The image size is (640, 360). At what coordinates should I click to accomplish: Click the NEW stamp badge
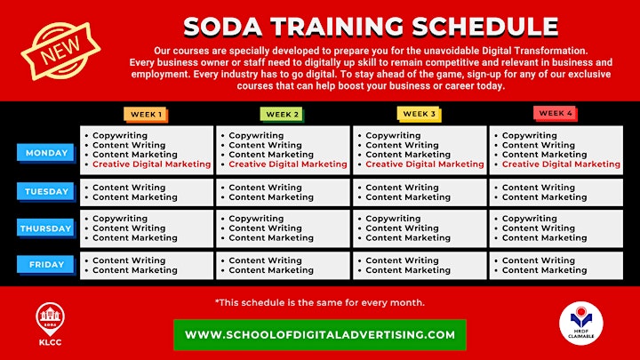click(60, 51)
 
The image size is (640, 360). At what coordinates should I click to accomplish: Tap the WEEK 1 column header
click(146, 115)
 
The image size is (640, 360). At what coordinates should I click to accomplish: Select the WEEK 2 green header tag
click(283, 115)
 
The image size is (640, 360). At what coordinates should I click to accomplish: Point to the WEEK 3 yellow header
click(420, 115)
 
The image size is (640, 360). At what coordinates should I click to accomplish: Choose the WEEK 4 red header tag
click(556, 114)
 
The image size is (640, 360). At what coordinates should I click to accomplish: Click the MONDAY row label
click(46, 153)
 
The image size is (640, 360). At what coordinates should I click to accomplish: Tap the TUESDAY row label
click(46, 192)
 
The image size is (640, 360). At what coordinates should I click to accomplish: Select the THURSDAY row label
click(46, 228)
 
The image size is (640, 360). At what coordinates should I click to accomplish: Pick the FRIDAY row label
click(46, 265)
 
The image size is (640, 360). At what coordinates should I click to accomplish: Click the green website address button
click(320, 335)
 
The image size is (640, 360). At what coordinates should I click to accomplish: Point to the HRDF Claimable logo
click(581, 323)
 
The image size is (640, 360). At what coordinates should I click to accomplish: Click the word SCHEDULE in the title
click(485, 27)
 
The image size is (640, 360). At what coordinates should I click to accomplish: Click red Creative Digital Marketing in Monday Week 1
click(151, 164)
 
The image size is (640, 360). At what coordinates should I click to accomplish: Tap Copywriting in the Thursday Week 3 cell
click(393, 219)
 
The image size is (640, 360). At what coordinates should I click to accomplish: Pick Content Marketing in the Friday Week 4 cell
click(545, 270)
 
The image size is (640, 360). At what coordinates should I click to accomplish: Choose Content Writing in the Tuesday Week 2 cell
click(265, 188)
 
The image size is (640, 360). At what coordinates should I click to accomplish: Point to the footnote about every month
click(320, 302)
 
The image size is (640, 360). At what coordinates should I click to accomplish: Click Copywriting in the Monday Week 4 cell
click(530, 135)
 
